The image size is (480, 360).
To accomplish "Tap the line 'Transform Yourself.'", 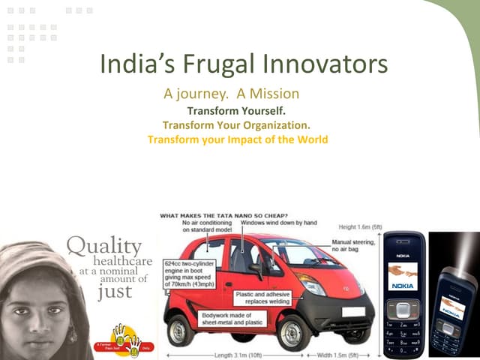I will (x=236, y=109).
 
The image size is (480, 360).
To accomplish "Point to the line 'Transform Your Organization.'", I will (x=236, y=124).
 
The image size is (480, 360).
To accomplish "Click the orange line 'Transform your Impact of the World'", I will (x=238, y=139).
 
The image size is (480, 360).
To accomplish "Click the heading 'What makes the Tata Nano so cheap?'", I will (x=224, y=216).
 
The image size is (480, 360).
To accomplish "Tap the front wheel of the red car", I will (x=294, y=331).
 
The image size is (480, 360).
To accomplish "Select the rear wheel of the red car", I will (x=181, y=329).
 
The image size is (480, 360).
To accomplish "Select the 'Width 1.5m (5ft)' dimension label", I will (x=349, y=354).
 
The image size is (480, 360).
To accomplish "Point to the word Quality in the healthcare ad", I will (x=104, y=245).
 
